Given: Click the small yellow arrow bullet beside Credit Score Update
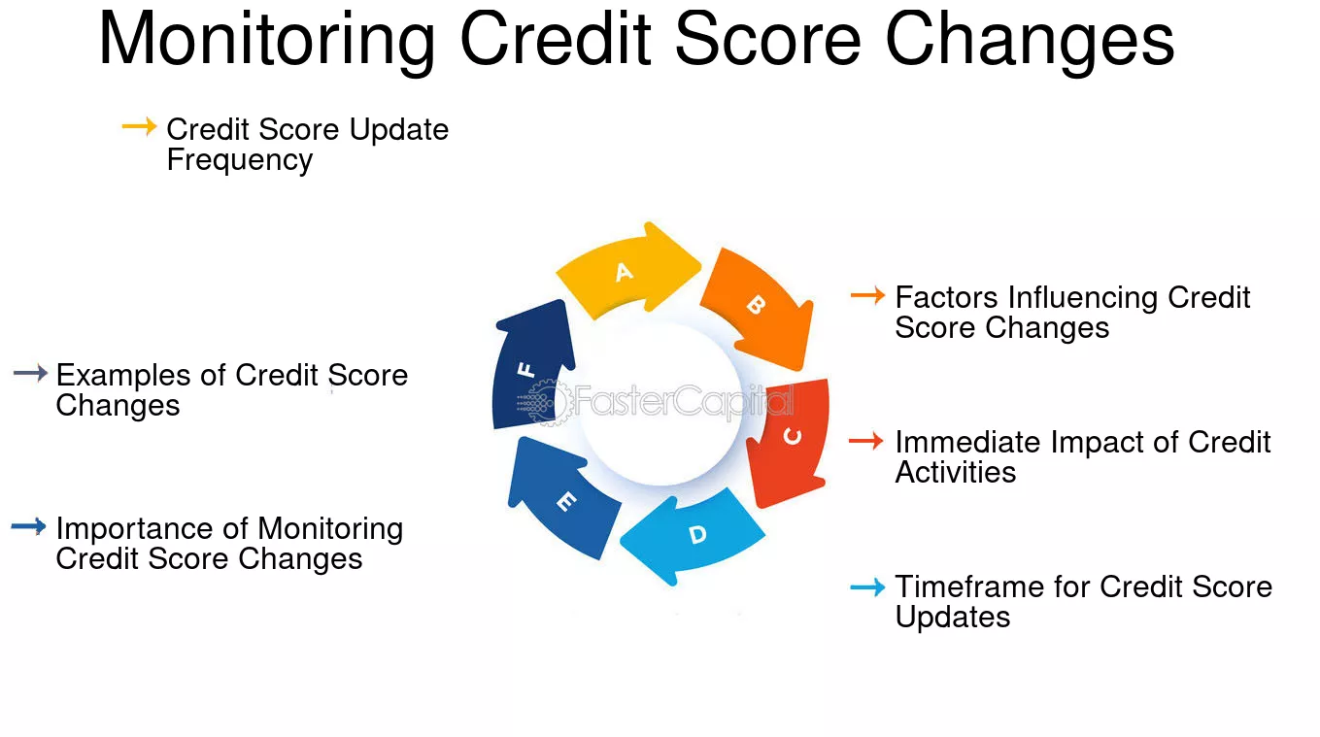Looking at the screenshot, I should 139,126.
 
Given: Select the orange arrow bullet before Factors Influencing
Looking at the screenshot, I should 867,295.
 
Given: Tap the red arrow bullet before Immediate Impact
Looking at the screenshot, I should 865,441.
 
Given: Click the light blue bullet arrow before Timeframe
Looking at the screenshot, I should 867,586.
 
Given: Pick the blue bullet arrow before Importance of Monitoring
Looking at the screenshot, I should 28,527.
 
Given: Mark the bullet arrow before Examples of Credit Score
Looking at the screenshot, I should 30,373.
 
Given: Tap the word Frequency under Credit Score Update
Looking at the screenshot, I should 239,160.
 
